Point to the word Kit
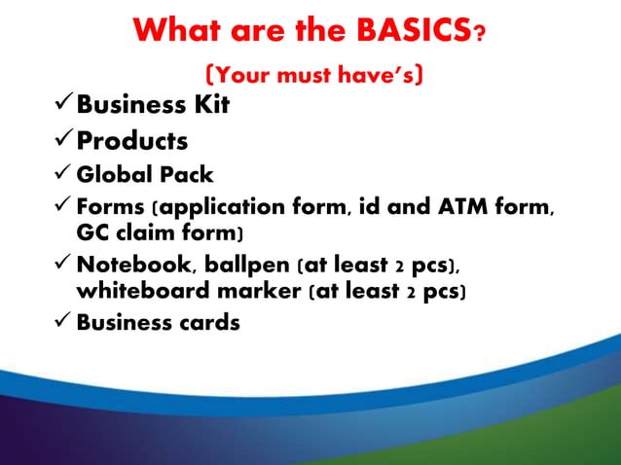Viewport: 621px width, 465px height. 211,104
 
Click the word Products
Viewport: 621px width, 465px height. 133,141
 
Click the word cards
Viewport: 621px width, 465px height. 205,323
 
